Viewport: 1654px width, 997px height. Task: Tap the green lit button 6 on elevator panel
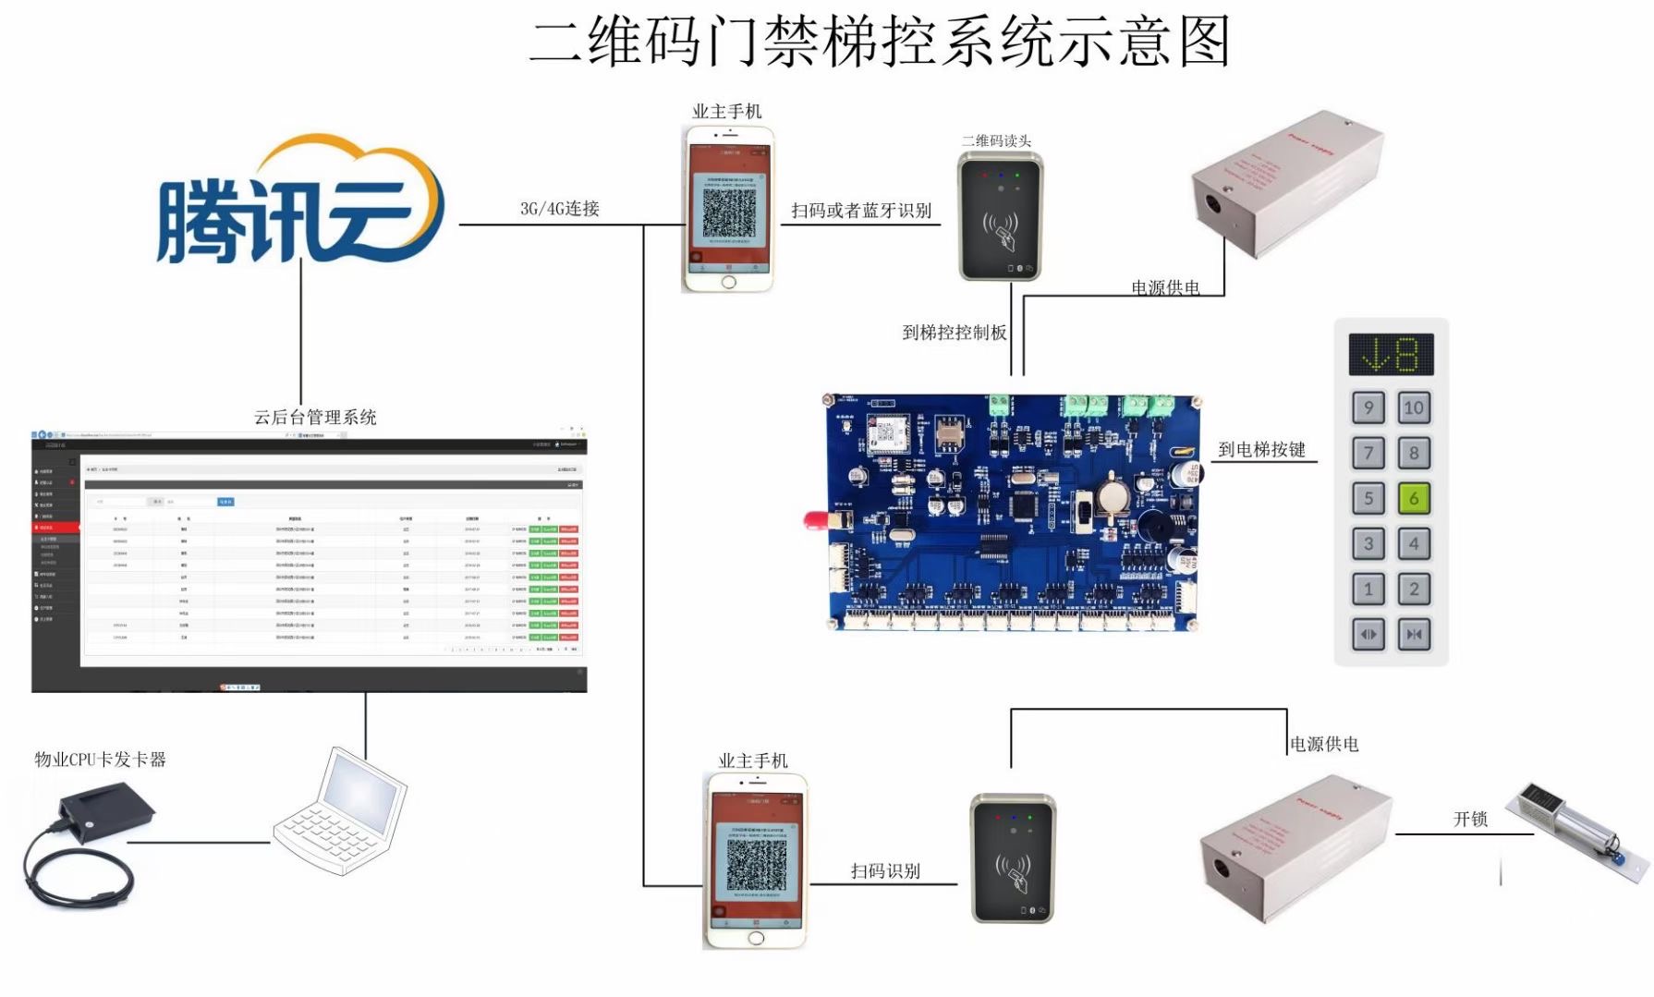(x=1413, y=498)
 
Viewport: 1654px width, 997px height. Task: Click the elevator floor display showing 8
(x=1391, y=355)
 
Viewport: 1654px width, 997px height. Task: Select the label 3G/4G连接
(x=560, y=209)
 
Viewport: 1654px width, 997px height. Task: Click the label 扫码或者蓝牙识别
(x=860, y=211)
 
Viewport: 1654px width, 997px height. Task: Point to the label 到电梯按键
(x=1261, y=450)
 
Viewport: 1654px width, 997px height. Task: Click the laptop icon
(x=341, y=813)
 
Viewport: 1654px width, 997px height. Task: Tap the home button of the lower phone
(x=756, y=938)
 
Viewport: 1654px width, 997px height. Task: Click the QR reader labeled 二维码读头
(x=1001, y=218)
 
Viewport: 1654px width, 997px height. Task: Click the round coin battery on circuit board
(x=1112, y=497)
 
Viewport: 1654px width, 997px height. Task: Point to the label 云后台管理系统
(x=315, y=418)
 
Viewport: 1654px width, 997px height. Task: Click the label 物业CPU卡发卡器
(x=100, y=760)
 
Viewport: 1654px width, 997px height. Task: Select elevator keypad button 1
(x=1368, y=589)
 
